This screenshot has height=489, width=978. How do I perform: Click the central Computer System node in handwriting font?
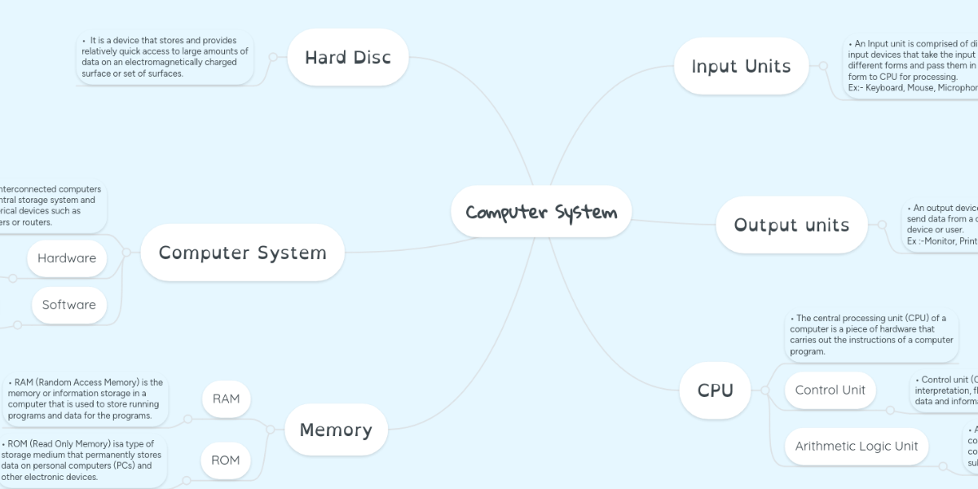tap(541, 213)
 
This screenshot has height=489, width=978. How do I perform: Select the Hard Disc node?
tap(348, 58)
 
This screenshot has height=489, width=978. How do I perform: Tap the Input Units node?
tap(741, 66)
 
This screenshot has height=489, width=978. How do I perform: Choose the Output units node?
tap(791, 225)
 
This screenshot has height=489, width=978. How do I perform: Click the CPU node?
tap(715, 390)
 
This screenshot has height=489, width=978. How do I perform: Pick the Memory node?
tap(336, 430)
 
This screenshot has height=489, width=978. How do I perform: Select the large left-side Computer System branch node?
tap(242, 253)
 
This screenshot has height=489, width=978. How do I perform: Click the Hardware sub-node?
tap(67, 258)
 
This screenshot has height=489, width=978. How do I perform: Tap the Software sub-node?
tap(69, 305)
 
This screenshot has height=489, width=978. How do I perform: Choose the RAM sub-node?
tap(226, 399)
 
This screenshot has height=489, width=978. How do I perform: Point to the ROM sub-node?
tap(226, 460)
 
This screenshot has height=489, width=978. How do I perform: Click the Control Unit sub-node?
tap(830, 390)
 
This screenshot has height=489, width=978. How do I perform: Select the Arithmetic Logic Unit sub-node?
tap(856, 446)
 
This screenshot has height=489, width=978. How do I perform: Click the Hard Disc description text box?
tap(165, 57)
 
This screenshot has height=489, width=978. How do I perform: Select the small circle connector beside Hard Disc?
tap(272, 57)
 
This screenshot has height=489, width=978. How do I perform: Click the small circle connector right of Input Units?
tap(824, 66)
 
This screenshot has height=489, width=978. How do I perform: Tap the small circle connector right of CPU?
tap(764, 390)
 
